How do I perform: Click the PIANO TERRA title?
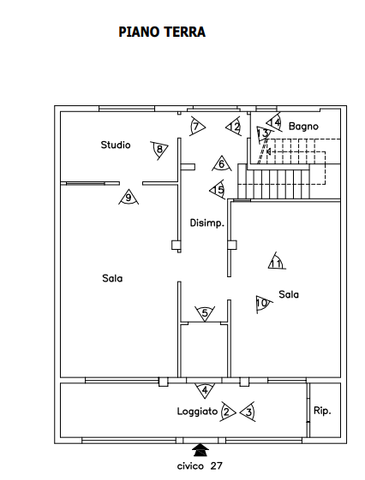[x=162, y=33]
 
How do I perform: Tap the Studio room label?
[x=116, y=145]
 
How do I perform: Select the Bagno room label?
[x=303, y=127]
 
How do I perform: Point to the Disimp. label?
[x=207, y=222]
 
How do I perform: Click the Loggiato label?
[x=197, y=412]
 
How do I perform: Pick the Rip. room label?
[x=322, y=411]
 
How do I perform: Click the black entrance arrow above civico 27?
[x=200, y=450]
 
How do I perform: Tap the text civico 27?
[x=200, y=466]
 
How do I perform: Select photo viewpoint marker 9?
[x=129, y=198]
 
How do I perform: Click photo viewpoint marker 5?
[x=205, y=313]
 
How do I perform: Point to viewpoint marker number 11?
[x=276, y=262]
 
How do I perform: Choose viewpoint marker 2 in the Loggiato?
[x=227, y=412]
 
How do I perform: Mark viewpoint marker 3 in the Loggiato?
[x=248, y=412]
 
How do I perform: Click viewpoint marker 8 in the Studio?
[x=159, y=150]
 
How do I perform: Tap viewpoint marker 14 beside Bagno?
[x=274, y=122]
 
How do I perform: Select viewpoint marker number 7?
[x=197, y=127]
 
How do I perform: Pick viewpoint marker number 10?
[x=263, y=304]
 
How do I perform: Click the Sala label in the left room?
[x=112, y=278]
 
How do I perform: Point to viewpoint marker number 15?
[x=218, y=190]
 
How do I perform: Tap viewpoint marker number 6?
[x=222, y=164]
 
